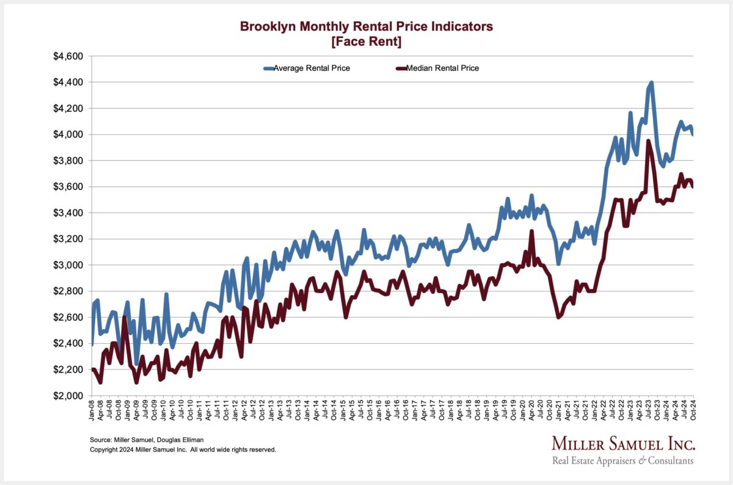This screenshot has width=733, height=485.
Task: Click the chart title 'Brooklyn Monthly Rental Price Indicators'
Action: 366,26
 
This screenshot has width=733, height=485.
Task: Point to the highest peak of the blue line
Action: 652,82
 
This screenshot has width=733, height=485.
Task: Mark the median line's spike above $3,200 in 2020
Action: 531,232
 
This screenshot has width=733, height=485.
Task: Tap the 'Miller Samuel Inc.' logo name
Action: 622,444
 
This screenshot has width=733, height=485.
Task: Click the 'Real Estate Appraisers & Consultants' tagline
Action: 622,461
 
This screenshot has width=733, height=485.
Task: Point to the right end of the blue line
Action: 693,134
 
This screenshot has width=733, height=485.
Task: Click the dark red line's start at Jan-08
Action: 93,370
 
